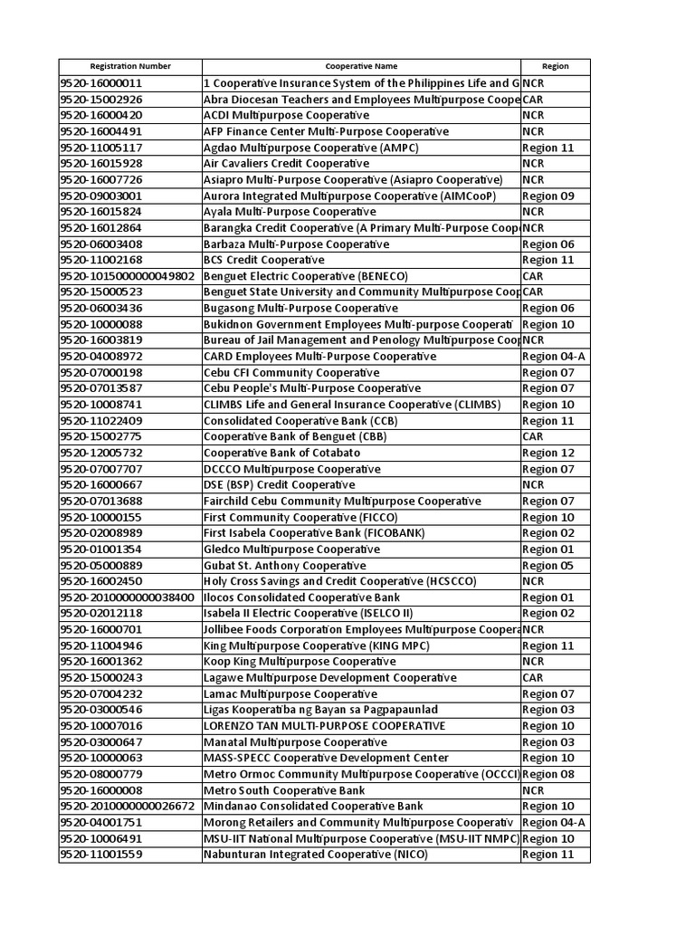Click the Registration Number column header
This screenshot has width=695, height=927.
(130, 66)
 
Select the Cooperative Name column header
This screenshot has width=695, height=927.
(361, 66)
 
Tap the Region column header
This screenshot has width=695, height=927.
(555, 66)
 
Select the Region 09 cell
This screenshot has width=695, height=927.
(548, 196)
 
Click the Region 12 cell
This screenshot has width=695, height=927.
(548, 453)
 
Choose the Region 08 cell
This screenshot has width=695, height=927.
(548, 774)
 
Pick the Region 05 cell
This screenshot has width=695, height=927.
(548, 565)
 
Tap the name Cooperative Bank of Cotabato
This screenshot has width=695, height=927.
(282, 453)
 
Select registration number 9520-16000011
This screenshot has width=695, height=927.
(101, 83)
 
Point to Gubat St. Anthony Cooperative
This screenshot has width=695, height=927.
(285, 565)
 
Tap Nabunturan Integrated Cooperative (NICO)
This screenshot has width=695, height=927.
(315, 855)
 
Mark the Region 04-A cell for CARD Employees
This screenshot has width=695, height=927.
(554, 357)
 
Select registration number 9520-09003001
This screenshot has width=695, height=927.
(101, 196)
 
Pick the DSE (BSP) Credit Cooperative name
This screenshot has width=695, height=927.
(280, 485)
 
